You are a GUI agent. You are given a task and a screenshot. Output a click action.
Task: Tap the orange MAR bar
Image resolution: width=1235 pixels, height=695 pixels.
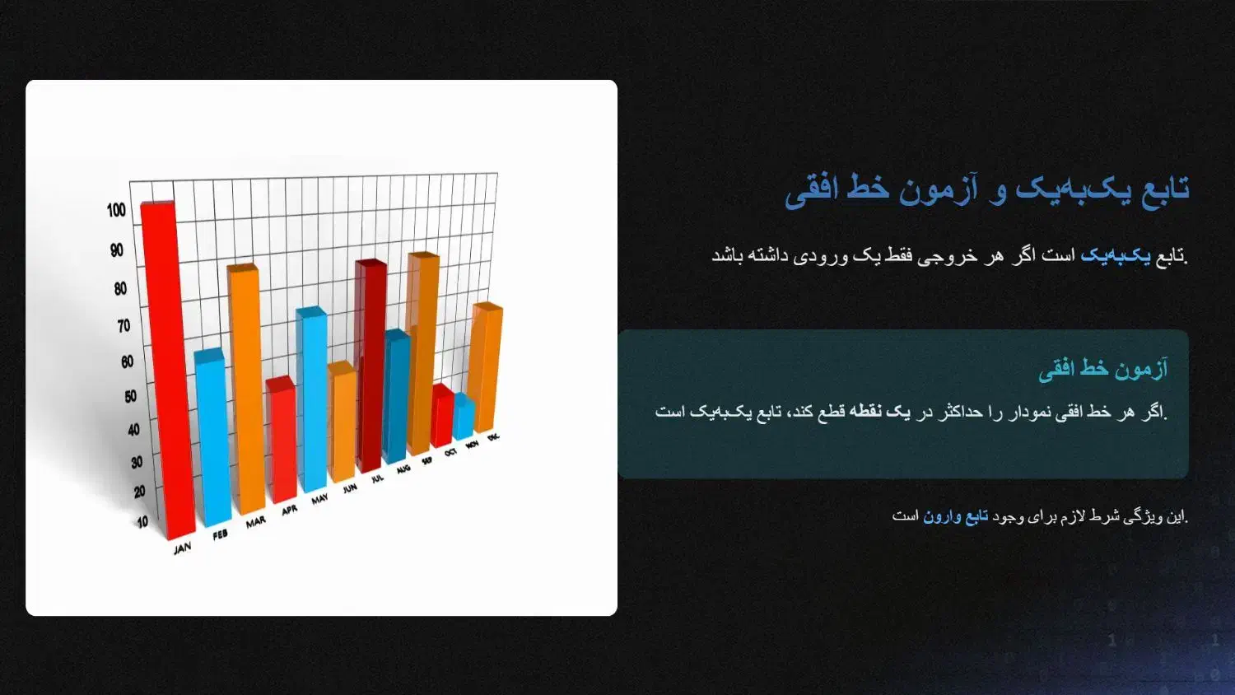(246, 389)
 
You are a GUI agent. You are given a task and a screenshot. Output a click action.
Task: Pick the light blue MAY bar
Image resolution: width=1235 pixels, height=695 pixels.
(312, 399)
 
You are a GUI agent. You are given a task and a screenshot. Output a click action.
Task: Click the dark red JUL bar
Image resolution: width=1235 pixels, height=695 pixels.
(370, 365)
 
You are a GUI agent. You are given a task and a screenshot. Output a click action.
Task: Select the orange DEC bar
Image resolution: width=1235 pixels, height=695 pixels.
(485, 366)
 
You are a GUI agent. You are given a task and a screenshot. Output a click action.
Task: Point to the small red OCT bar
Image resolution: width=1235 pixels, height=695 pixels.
(442, 415)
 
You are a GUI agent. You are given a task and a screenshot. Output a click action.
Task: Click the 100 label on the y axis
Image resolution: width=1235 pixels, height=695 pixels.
(116, 210)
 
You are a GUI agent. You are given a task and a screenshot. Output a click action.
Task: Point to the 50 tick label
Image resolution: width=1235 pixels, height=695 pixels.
(130, 397)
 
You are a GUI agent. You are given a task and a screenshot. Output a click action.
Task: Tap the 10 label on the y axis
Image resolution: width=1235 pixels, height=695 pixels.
(142, 522)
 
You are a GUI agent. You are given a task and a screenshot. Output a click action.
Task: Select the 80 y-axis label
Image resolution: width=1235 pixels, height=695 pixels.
(120, 288)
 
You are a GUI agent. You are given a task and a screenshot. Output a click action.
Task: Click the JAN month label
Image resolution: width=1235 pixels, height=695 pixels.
(183, 548)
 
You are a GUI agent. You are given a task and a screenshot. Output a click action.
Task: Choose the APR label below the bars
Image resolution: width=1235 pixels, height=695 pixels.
(290, 511)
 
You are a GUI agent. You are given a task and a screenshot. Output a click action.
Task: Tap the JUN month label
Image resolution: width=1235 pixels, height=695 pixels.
(350, 488)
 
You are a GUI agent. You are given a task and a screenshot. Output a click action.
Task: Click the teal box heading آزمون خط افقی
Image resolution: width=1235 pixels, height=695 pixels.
(1102, 369)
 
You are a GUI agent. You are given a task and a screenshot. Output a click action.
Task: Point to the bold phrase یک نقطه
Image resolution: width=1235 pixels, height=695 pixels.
(883, 412)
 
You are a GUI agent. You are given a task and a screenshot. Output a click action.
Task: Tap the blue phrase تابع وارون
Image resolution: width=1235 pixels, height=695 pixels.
(955, 517)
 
